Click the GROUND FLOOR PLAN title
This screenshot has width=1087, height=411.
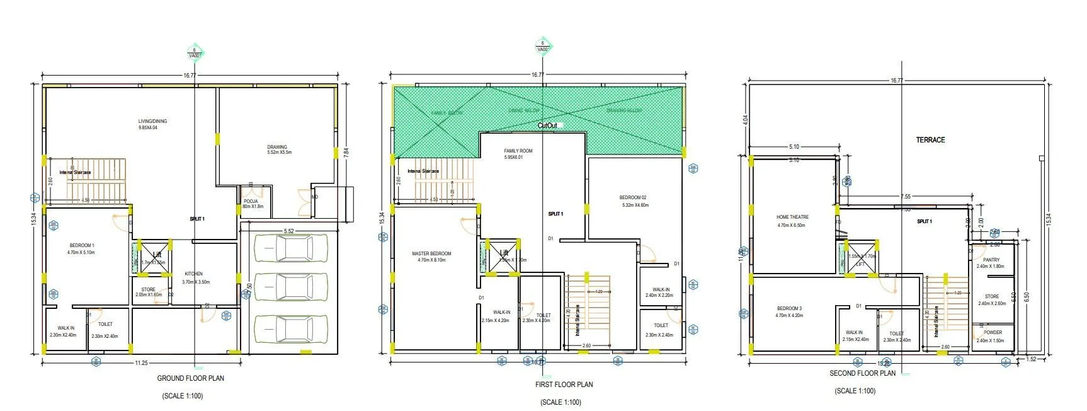[x=190, y=378]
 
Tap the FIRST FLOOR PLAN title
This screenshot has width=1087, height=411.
[x=564, y=384]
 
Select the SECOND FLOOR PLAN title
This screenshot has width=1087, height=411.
[x=862, y=373]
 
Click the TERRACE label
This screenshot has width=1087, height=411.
[x=930, y=140]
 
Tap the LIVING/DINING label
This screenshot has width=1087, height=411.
[x=153, y=121]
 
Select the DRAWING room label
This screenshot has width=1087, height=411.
[x=277, y=147]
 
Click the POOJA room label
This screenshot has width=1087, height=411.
[x=251, y=201]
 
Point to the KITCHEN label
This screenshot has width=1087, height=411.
[x=193, y=274]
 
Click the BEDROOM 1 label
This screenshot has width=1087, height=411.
[x=82, y=245]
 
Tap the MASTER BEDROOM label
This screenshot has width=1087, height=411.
[x=431, y=253]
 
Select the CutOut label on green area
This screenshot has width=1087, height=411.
[x=548, y=125]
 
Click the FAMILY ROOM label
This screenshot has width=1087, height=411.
[x=518, y=151]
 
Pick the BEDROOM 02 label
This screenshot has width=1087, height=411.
[x=633, y=197]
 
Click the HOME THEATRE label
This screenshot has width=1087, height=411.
[x=792, y=217]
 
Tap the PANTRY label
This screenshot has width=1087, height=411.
[x=991, y=260]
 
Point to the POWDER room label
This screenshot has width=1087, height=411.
[x=993, y=332]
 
